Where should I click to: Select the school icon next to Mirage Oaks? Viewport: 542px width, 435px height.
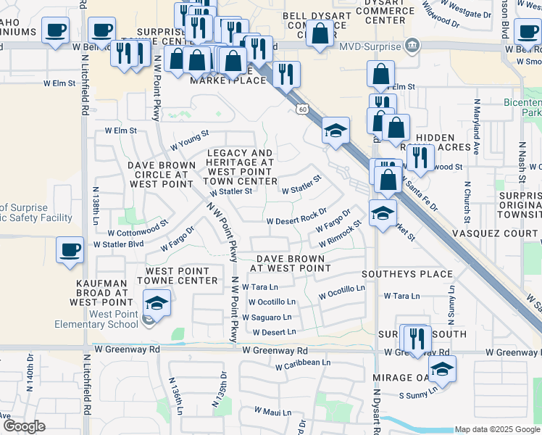442,368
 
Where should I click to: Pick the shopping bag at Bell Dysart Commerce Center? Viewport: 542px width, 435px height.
319,33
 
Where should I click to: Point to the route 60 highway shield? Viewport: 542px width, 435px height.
301,109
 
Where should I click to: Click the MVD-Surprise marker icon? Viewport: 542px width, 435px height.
412,46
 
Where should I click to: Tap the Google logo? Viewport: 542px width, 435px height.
24,426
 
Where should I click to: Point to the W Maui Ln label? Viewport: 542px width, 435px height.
272,412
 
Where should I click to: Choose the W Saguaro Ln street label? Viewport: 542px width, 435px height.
267,318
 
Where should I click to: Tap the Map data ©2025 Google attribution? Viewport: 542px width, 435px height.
497,429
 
